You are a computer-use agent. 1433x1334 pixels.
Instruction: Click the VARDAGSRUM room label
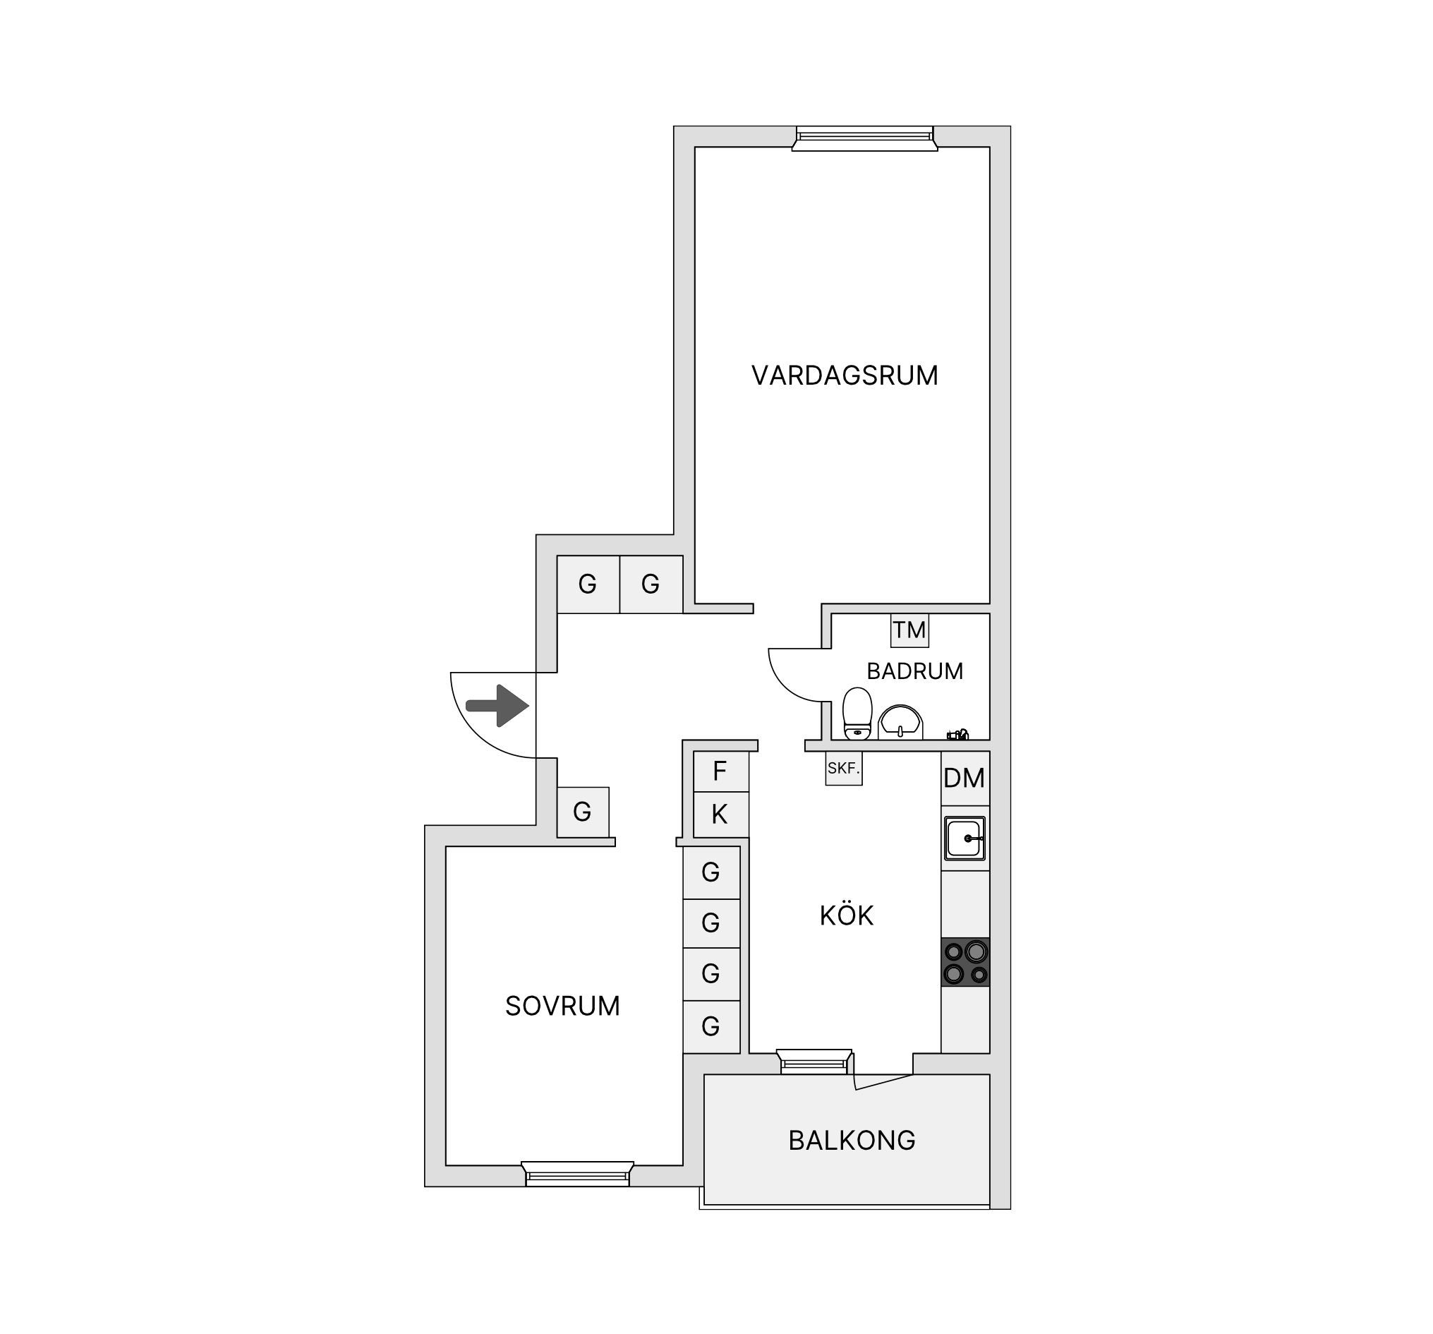pyautogui.click(x=844, y=375)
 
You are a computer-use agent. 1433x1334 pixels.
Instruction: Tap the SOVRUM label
pyautogui.click(x=562, y=1006)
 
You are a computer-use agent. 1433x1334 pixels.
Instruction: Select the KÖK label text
pyautogui.click(x=846, y=915)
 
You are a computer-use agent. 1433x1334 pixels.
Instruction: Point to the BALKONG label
pyautogui.click(x=852, y=1140)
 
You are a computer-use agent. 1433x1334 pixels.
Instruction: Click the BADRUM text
pyautogui.click(x=914, y=671)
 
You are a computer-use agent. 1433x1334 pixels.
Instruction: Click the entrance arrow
pyautogui.click(x=497, y=706)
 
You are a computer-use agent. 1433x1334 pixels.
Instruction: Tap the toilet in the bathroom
pyautogui.click(x=857, y=713)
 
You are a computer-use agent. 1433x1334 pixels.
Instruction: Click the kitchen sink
pyautogui.click(x=965, y=838)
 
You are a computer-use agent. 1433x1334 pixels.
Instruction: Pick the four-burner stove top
pyautogui.click(x=965, y=962)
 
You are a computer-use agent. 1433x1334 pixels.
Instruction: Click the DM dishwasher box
pyautogui.click(x=965, y=778)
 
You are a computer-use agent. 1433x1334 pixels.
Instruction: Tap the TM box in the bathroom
pyautogui.click(x=909, y=630)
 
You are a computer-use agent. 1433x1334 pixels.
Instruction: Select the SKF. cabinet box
pyautogui.click(x=843, y=768)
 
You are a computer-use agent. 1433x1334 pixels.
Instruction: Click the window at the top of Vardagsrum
pyautogui.click(x=864, y=138)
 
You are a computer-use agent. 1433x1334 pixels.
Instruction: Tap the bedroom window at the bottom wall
pyautogui.click(x=577, y=1174)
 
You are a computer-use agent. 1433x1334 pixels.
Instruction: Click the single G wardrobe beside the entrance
pyautogui.click(x=582, y=812)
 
